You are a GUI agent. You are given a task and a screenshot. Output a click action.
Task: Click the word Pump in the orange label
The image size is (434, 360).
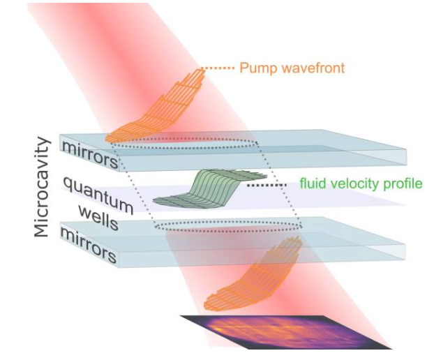256,68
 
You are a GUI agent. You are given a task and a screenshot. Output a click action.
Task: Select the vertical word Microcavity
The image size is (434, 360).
43,187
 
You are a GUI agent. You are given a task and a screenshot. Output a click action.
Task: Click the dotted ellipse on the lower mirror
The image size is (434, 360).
227,225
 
